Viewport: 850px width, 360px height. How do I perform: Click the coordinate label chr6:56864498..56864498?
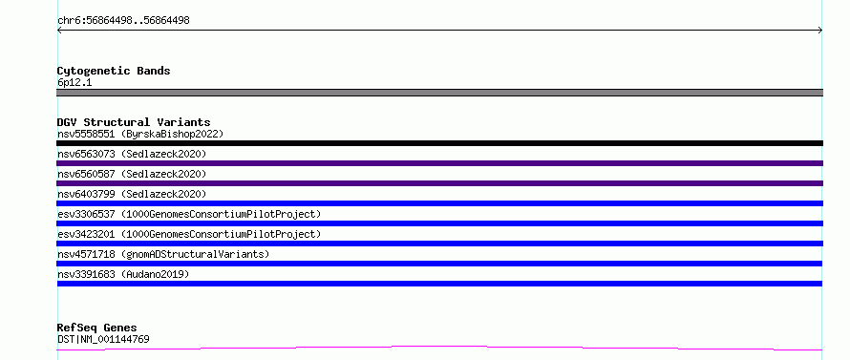pos(123,21)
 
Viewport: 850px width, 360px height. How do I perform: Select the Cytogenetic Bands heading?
pos(114,71)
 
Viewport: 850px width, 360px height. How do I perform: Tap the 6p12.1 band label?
pos(74,83)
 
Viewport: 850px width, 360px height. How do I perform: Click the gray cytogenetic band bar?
pos(439,93)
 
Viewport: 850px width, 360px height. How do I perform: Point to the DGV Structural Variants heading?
pos(134,122)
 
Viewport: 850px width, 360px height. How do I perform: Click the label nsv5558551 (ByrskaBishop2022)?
pos(140,134)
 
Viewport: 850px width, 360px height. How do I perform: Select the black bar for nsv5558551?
pos(439,143)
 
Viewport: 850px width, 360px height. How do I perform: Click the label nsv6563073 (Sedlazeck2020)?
pos(132,154)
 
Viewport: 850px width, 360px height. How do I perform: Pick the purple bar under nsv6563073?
pos(439,163)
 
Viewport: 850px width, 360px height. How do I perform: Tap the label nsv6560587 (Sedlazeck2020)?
pos(132,174)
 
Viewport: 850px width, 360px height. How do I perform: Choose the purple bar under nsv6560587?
pos(439,183)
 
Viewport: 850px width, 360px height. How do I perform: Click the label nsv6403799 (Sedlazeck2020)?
pos(132,194)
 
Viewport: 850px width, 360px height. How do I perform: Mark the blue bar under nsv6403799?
pos(439,203)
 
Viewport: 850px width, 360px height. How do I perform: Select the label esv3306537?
pos(86,214)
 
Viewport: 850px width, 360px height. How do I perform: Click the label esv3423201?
pos(86,234)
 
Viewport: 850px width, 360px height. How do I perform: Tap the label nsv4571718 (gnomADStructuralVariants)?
pos(163,254)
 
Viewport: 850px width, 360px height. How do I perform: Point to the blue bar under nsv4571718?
pos(439,264)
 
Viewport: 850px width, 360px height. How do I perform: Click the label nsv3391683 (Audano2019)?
pos(123,274)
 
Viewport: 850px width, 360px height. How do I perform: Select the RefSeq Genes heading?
pos(96,328)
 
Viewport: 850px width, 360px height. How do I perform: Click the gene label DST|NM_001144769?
pos(103,339)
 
